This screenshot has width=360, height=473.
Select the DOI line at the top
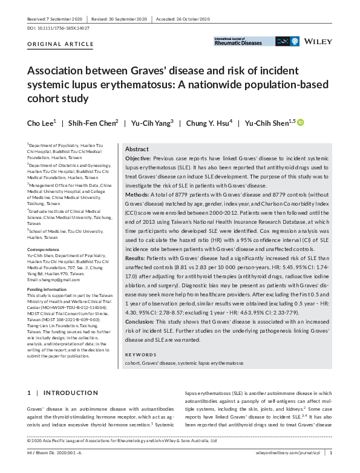(56, 28)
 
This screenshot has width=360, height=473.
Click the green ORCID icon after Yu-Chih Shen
(301, 123)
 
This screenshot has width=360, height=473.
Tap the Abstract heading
(137, 149)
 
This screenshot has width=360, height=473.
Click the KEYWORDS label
(140, 354)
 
